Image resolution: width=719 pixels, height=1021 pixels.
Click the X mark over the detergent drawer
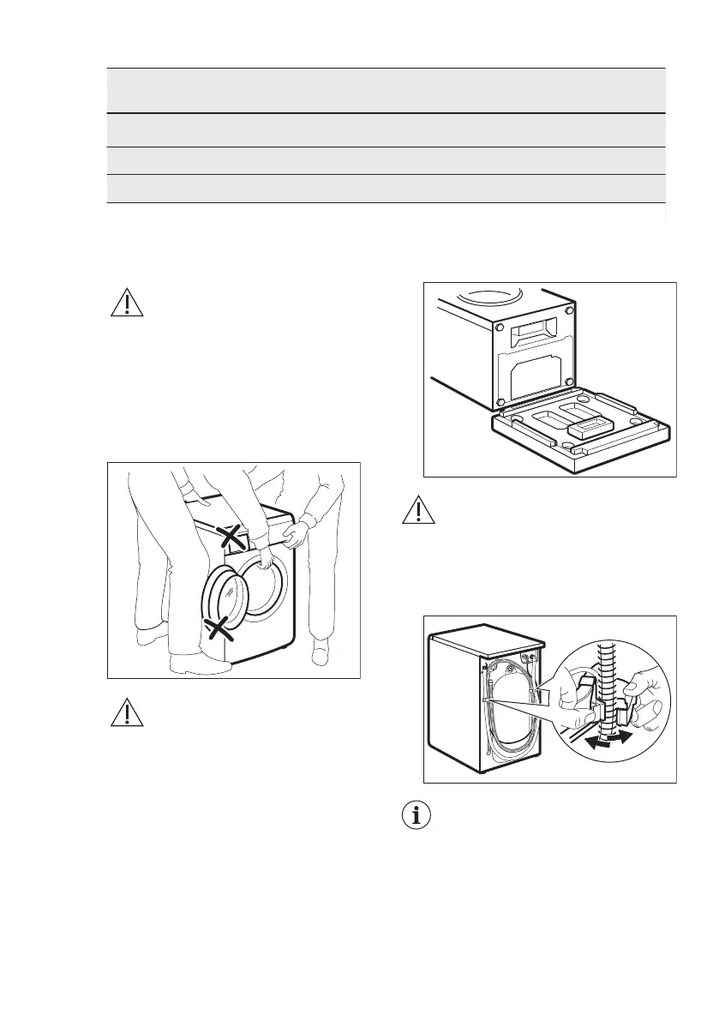coord(229,538)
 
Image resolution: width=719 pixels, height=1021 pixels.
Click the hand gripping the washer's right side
coord(294,537)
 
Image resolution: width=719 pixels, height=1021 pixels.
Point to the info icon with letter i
coord(417,816)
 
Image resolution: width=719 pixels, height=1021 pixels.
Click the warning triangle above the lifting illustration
coord(128,303)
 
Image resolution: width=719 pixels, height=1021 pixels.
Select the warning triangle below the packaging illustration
coord(417,511)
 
